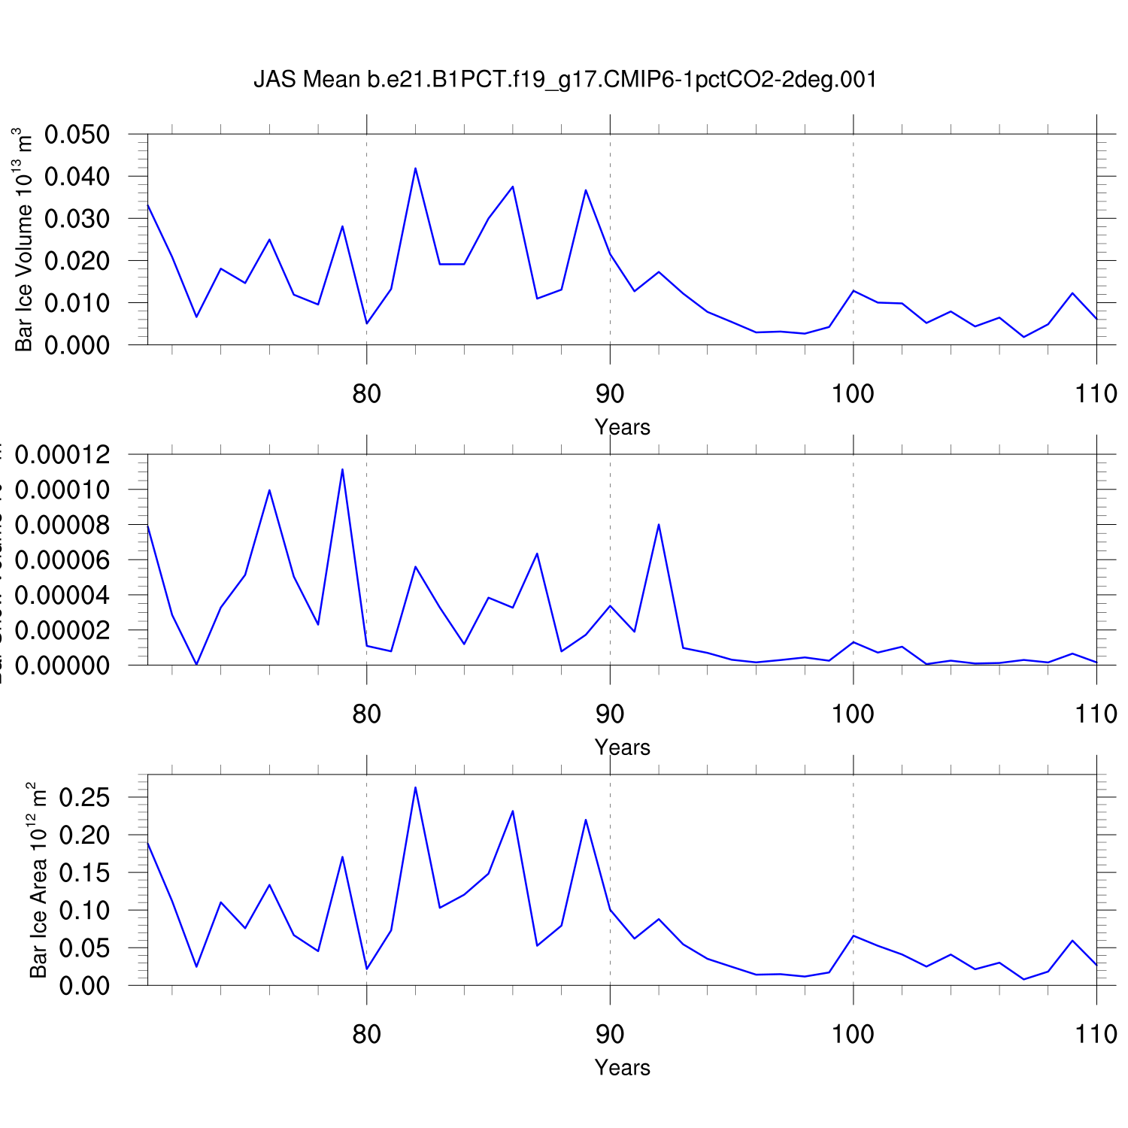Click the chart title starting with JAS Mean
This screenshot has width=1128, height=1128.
[x=565, y=80]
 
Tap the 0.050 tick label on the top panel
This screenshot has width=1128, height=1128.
[x=77, y=135]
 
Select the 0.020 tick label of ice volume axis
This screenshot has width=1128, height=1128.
[x=77, y=261]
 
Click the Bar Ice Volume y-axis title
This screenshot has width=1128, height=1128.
[x=24, y=241]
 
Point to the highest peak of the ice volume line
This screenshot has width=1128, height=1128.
[x=415, y=168]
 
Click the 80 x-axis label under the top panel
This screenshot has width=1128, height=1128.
[x=366, y=393]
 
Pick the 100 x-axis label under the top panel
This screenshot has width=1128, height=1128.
[x=853, y=393]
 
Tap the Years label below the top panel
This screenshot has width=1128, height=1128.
[x=622, y=427]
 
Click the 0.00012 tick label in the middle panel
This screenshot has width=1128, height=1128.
[x=62, y=455]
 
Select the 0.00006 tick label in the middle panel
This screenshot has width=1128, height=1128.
[x=62, y=560]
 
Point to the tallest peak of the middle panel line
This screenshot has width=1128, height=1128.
[x=342, y=469]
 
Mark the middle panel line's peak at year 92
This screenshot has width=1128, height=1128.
[x=659, y=524]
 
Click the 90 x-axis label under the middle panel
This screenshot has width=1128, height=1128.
[x=610, y=714]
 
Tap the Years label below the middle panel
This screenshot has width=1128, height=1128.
[x=622, y=747]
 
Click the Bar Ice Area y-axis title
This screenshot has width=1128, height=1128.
[x=38, y=880]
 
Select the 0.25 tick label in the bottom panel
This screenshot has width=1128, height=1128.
[x=84, y=797]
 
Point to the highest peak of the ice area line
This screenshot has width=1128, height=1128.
[x=415, y=787]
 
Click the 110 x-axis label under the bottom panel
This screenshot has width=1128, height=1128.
[x=1096, y=1035]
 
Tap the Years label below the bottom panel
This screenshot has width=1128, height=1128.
[x=622, y=1068]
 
